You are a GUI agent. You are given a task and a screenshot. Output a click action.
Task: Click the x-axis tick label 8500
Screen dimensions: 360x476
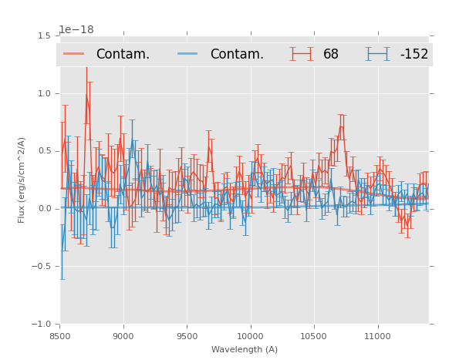coord(60,336)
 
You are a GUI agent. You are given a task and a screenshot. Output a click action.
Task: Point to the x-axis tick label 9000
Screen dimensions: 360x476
coord(123,336)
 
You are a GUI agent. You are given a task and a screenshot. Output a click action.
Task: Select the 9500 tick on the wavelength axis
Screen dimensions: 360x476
coord(187,336)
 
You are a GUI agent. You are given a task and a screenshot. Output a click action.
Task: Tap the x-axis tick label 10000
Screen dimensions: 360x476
coord(251,336)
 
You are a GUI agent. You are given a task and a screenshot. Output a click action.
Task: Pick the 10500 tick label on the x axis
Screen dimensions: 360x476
coord(314,336)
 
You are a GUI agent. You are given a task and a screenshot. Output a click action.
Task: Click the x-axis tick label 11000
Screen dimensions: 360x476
coord(378,336)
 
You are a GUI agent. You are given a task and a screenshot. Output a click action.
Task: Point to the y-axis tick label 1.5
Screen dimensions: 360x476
coord(44,35)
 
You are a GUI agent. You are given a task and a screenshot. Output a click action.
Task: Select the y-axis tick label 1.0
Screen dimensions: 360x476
coord(44,93)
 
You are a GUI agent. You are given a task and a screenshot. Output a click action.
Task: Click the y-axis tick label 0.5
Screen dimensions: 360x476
coord(44,151)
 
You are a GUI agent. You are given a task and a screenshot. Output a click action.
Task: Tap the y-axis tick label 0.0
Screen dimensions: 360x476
coord(44,209)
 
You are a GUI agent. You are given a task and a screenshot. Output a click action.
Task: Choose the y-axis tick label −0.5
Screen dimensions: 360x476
coord(42,267)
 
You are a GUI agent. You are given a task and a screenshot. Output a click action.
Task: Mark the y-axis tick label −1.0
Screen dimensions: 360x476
coord(42,325)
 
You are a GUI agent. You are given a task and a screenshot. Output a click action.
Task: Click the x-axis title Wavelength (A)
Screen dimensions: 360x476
coord(245,349)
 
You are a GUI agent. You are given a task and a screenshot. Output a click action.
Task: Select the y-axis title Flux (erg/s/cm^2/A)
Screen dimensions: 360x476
coord(22,180)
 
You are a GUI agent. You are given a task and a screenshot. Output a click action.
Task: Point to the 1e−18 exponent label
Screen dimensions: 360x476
coord(76,30)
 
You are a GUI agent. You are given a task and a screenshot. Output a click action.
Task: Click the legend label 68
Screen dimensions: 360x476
coord(331,55)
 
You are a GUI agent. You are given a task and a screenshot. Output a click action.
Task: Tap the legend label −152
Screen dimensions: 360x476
coord(414,55)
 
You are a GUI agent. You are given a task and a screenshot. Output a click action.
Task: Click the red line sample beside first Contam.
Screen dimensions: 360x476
coord(75,54)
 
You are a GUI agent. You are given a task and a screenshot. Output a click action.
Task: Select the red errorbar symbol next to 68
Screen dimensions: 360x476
coord(302,54)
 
